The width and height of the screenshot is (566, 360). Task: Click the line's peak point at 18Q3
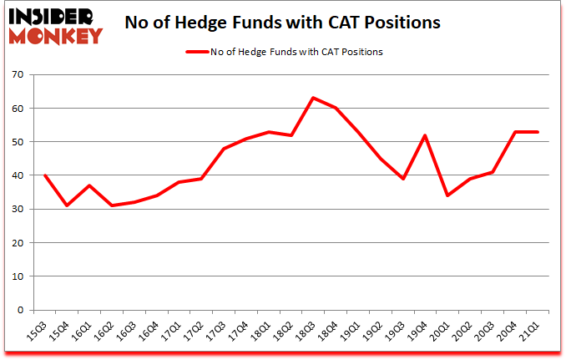pyautogui.click(x=312, y=98)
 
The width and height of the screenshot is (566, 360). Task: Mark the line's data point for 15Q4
pyautogui.click(x=67, y=205)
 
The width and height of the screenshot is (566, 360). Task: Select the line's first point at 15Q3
pyautogui.click(x=45, y=175)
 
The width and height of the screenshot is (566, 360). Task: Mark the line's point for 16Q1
pyautogui.click(x=89, y=185)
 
